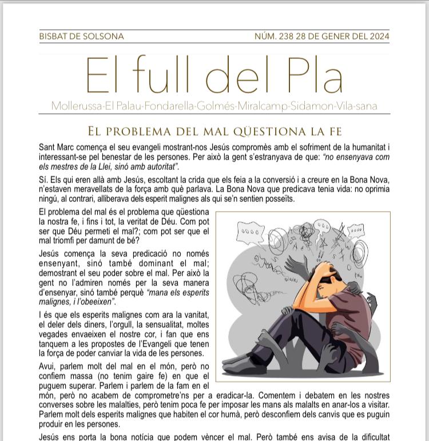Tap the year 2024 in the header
tap(378, 36)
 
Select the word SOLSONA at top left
tap(104, 36)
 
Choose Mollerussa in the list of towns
tap(75, 106)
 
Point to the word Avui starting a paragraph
tap(47, 366)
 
